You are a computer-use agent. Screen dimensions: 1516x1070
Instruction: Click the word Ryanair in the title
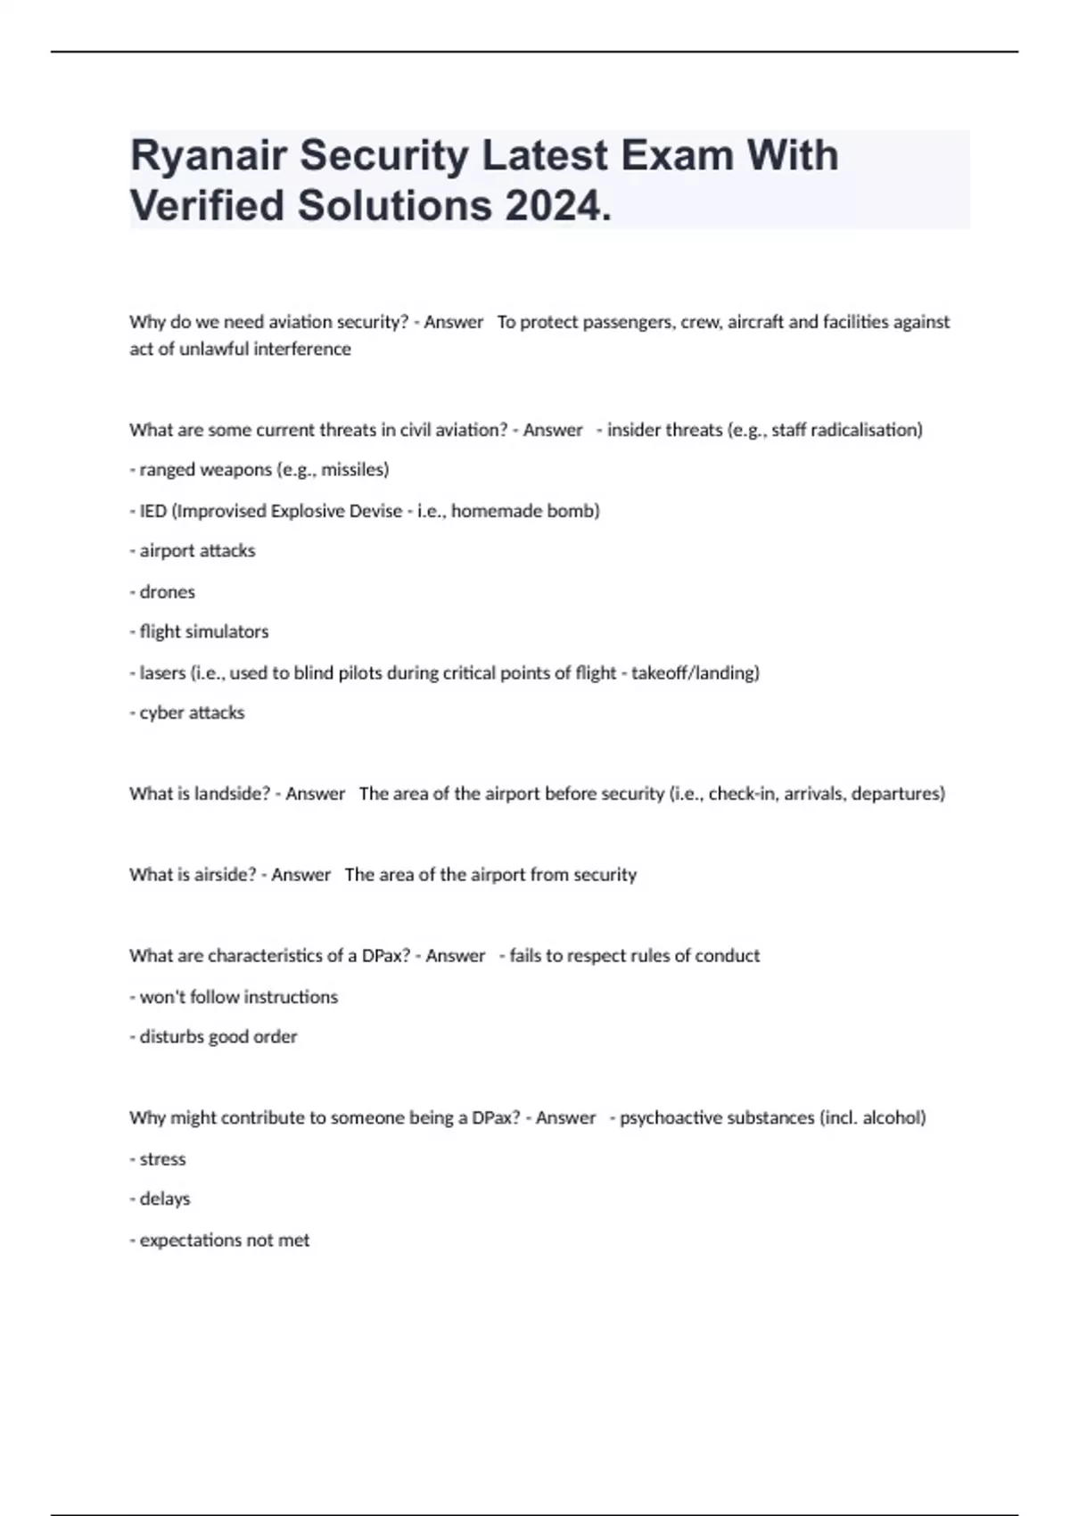pos(209,156)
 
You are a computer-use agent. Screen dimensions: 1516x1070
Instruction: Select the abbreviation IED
pos(152,511)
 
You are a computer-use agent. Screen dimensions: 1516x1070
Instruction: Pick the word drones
pos(167,592)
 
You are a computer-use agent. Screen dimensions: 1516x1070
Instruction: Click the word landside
pos(229,794)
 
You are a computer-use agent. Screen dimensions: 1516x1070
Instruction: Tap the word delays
pos(165,1199)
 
